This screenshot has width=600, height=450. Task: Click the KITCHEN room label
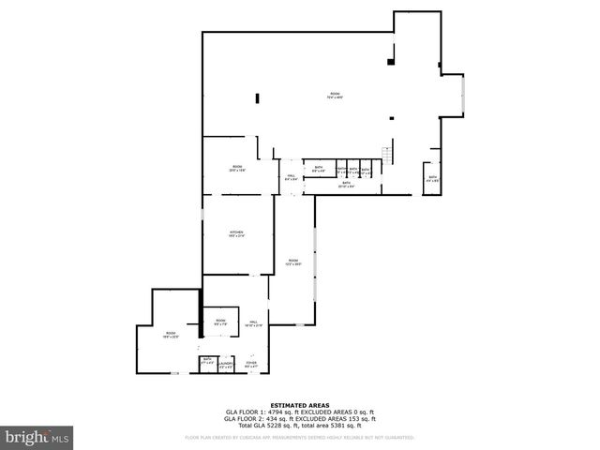pos(236,233)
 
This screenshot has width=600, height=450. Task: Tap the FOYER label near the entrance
pos(251,364)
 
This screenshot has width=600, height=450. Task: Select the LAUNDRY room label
pos(225,364)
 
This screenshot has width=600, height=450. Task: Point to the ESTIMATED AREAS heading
pos(300,405)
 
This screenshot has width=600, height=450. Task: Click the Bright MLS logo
pos(37,437)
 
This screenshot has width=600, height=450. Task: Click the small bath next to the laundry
pos(206,361)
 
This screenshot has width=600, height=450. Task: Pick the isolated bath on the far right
pos(432,178)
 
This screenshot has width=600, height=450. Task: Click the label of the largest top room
pos(334,95)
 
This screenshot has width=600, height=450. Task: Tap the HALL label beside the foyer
pos(253,323)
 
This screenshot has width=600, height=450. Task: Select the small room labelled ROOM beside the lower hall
pos(221,322)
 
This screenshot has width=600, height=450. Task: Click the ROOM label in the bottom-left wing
pos(171,335)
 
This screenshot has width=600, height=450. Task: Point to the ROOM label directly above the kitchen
pos(237,169)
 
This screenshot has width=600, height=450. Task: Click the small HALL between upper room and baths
pos(291,176)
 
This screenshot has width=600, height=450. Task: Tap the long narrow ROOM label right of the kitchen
pos(293,262)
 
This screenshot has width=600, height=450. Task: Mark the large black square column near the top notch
pos(389,61)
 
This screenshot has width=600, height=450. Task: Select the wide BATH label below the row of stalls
pos(346,185)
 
